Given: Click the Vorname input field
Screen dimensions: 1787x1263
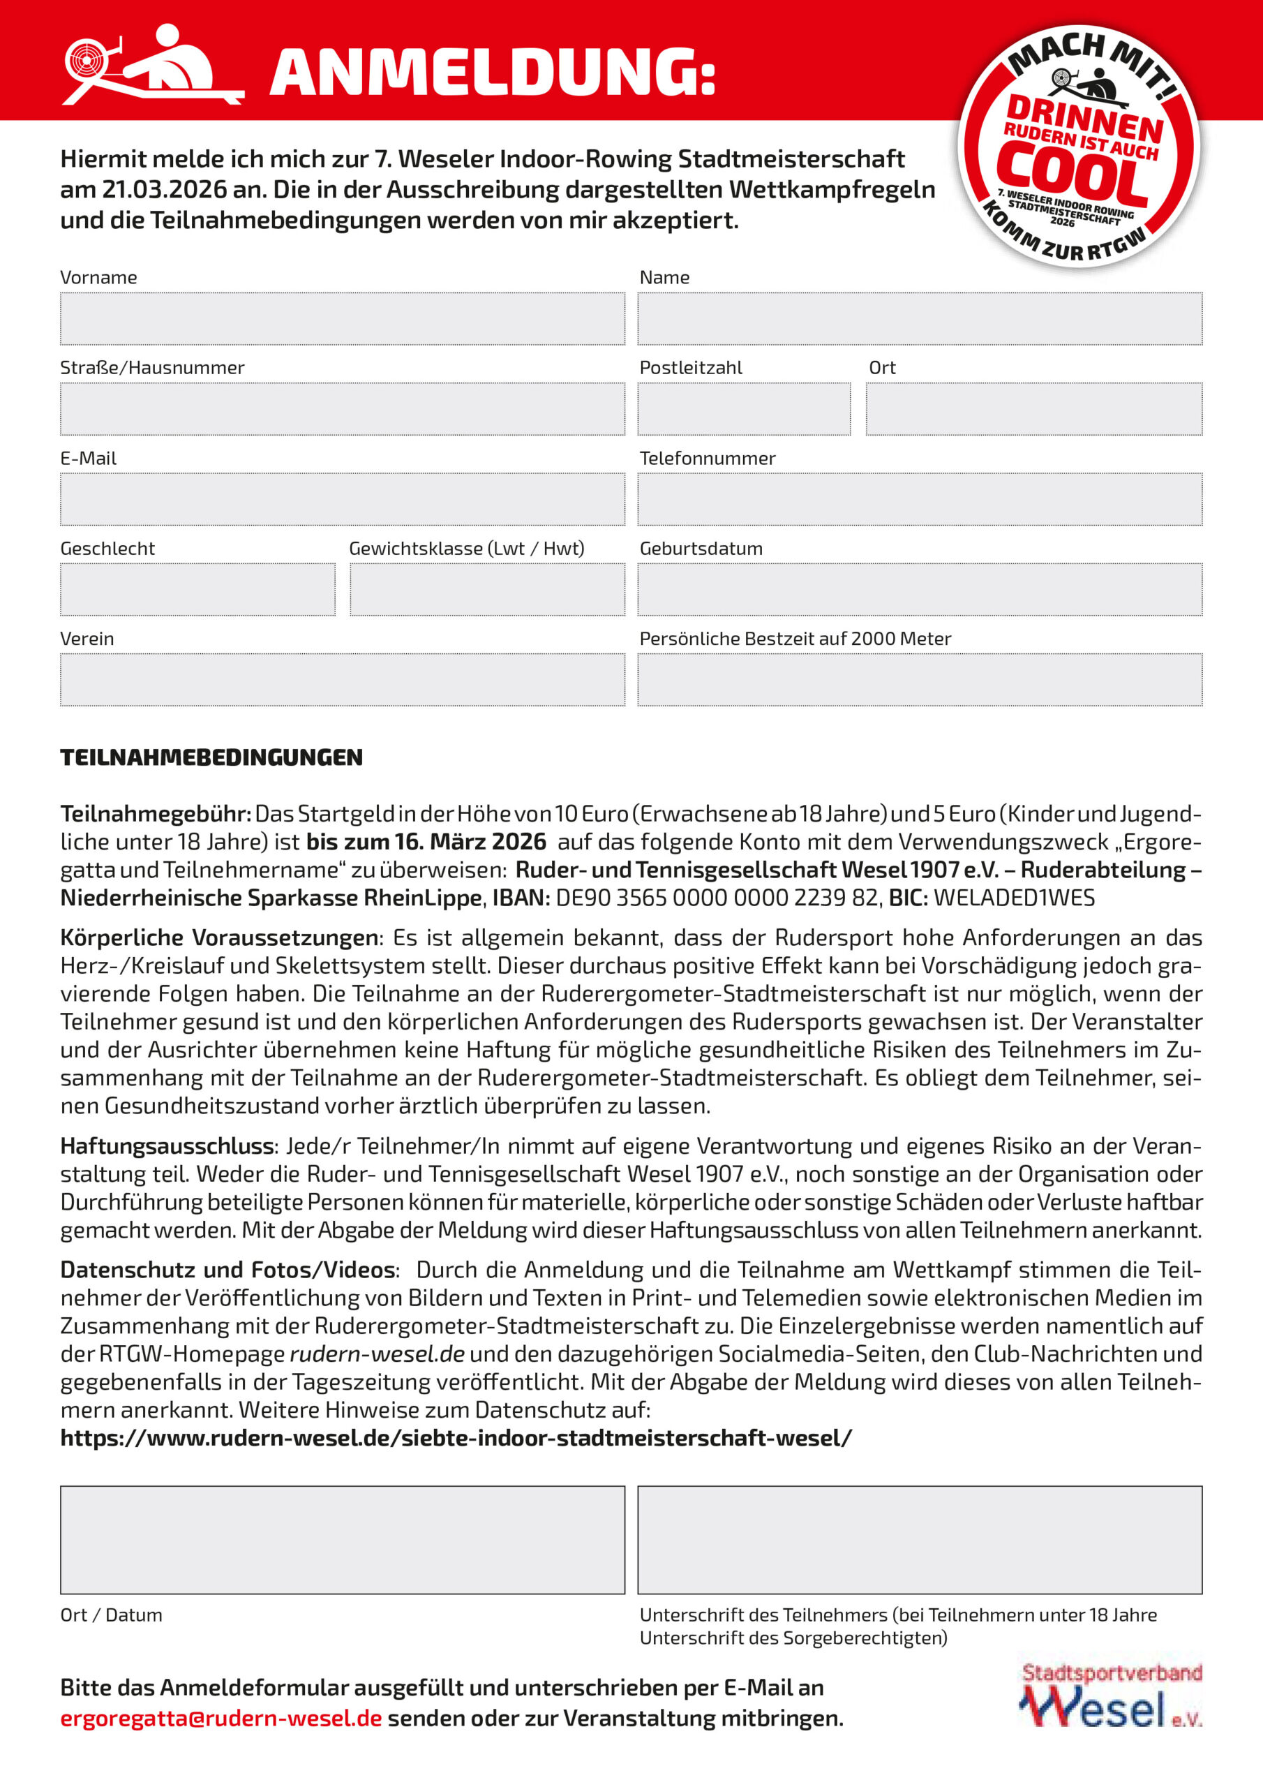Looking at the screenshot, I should point(343,318).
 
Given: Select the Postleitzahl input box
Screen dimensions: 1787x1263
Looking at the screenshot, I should point(743,408).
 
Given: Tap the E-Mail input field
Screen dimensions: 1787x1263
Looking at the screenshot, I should point(343,499).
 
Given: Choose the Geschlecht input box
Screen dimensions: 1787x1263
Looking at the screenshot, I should point(197,589).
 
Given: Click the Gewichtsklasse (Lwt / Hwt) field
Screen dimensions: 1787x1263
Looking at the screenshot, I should point(487,589).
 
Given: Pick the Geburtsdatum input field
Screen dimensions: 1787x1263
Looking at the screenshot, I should point(920,589).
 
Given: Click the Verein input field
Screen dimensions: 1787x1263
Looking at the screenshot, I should point(343,679).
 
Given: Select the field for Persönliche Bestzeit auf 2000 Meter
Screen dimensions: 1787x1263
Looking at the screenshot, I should point(920,679).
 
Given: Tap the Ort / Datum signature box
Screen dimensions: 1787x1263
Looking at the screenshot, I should point(343,1539).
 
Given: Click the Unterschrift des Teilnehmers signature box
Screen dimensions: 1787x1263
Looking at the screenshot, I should point(920,1539).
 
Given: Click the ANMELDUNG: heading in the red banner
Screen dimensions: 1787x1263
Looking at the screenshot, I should point(492,73).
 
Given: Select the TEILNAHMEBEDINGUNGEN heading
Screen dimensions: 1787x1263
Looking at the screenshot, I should point(211,757).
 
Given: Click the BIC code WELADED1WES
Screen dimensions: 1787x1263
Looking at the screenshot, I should point(1014,898).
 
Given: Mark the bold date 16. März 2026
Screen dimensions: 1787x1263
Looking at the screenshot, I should point(426,842).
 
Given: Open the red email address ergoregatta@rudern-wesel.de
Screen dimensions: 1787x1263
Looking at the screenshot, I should point(221,1718).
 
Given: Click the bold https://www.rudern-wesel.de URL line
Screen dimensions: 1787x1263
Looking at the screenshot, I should point(456,1437).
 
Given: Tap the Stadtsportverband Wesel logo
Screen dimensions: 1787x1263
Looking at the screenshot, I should point(1112,1695).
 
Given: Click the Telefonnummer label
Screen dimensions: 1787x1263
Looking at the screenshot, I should point(708,459).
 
